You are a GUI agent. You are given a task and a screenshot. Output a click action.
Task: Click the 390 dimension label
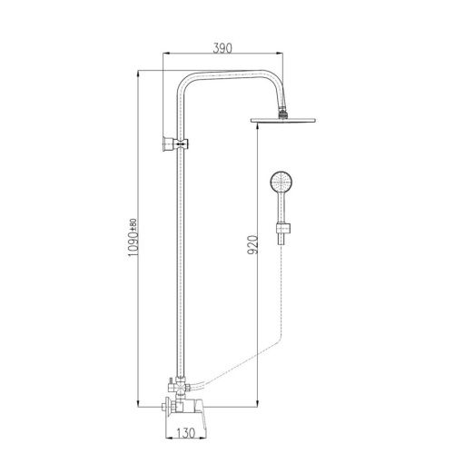point(222,48)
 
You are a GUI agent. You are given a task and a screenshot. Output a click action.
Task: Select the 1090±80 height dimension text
point(133,238)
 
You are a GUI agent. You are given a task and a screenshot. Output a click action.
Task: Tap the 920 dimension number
point(252,244)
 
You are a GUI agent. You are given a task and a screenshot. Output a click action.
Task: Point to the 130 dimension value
point(185,433)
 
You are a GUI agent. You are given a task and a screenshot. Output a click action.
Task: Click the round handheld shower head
point(281,182)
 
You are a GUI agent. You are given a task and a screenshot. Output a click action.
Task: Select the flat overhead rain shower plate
point(283,120)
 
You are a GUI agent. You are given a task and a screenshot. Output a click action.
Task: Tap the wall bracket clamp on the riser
point(175,143)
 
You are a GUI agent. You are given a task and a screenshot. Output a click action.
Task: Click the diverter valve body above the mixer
point(181,387)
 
